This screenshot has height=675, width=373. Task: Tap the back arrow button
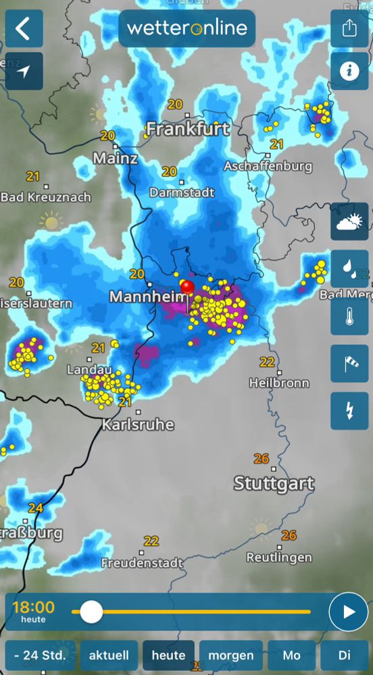[24, 29]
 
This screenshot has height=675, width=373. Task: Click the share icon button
[349, 29]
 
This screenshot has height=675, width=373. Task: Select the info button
[349, 71]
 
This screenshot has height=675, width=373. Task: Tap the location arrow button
[24, 71]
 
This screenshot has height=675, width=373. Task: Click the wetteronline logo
[187, 28]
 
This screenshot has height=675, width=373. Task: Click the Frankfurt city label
[188, 128]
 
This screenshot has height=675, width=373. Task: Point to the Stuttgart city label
[274, 483]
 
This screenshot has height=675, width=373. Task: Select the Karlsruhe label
[138, 425]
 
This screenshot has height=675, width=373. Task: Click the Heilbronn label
[279, 383]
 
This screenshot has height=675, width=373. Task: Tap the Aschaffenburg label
[268, 165]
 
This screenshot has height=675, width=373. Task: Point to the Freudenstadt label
[142, 562]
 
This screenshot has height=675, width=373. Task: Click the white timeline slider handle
[91, 612]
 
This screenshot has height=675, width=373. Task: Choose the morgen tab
[231, 655]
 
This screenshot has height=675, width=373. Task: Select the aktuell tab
[108, 655]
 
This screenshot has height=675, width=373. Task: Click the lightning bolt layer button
[349, 410]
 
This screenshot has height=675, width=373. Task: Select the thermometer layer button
[349, 317]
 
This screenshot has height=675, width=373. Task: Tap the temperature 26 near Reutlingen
[289, 535]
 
